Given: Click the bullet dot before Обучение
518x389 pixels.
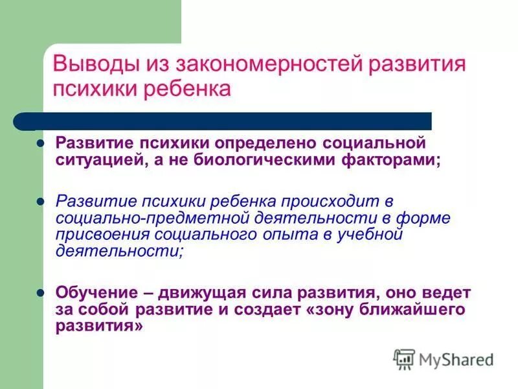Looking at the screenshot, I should click(40, 293).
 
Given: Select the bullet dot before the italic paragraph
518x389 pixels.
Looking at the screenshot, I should click(40, 202).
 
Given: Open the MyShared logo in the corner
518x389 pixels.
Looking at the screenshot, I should click(444, 359).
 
